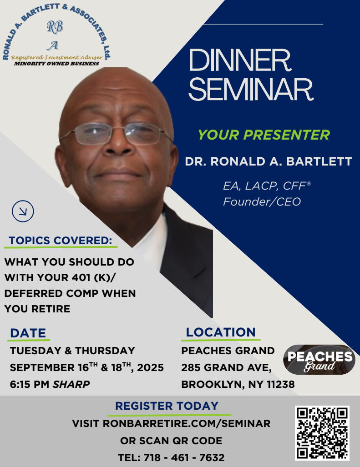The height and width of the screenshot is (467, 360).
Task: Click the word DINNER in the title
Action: pyautogui.click(x=240, y=60)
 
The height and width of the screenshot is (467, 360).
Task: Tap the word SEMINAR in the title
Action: pyautogui.click(x=251, y=89)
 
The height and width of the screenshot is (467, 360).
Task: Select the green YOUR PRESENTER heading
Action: pyautogui.click(x=264, y=135)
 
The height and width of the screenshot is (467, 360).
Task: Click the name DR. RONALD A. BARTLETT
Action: pyautogui.click(x=268, y=161)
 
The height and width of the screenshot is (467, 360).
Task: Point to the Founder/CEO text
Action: pyautogui.click(x=262, y=201)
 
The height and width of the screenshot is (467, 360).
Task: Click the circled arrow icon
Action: pyautogui.click(x=23, y=211)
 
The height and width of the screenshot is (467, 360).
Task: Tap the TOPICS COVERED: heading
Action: pyautogui.click(x=61, y=241)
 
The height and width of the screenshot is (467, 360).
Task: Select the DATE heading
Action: pyautogui.click(x=28, y=333)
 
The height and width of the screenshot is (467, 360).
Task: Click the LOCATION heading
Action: pyautogui.click(x=221, y=332)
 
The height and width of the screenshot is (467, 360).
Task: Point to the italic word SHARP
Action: pyautogui.click(x=71, y=384)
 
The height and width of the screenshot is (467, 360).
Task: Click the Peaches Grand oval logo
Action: pyautogui.click(x=319, y=360)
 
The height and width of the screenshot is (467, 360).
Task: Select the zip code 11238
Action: pyautogui.click(x=281, y=384)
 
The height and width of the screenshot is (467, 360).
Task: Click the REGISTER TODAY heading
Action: pyautogui.click(x=167, y=406)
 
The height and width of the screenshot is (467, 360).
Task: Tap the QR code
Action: pyautogui.click(x=322, y=433)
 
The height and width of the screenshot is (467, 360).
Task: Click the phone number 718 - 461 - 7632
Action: pyautogui.click(x=184, y=457)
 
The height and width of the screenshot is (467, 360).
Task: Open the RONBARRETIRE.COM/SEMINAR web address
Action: pyautogui.click(x=187, y=423)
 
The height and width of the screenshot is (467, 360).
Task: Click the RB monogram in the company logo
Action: pyautogui.click(x=55, y=27)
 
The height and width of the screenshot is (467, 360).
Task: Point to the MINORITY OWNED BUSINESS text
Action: pyautogui.click(x=56, y=64)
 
